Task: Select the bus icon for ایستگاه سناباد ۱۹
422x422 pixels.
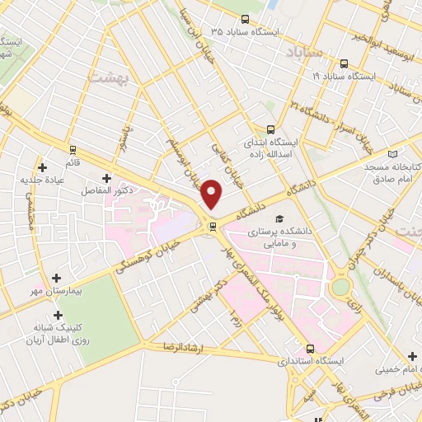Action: coord(344,64)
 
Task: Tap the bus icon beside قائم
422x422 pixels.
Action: coord(73,150)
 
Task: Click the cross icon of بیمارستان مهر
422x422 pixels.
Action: coord(56,279)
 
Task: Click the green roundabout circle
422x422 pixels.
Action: coord(340,288)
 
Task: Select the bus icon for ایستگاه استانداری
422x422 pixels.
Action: coord(311,348)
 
